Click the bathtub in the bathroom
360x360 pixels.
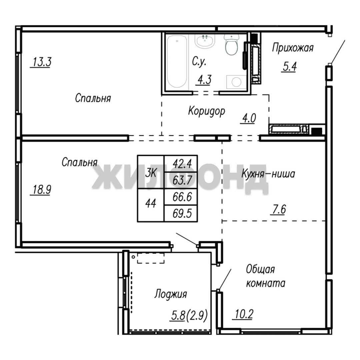[177, 62]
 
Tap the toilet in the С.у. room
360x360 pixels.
[232, 45]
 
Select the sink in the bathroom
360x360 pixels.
[205, 41]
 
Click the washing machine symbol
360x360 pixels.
[236, 82]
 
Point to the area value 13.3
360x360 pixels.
[41, 62]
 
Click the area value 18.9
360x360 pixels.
[41, 190]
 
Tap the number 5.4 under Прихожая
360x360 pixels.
[289, 67]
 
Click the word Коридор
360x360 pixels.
[207, 111]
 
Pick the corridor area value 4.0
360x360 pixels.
[248, 118]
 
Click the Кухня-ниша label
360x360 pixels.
[268, 174]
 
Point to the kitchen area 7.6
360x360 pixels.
[278, 209]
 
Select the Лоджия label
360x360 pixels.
[171, 294]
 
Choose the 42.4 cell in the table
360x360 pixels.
[181, 164]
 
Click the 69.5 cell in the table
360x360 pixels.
[181, 214]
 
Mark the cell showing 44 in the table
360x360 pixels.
[151, 203]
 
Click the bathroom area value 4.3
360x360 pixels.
[204, 80]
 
